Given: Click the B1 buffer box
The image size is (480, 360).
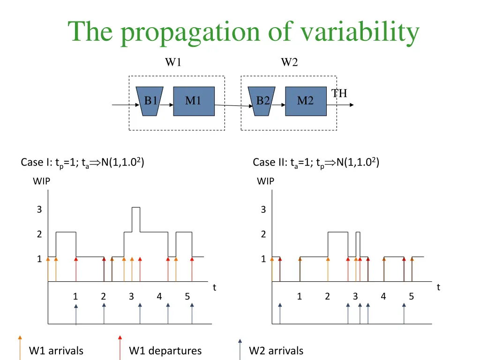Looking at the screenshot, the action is (x=150, y=101).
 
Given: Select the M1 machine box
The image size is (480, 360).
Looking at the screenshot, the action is (x=194, y=101).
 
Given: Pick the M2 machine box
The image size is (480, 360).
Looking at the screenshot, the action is (x=306, y=101).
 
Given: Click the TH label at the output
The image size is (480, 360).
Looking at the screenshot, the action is (x=339, y=93).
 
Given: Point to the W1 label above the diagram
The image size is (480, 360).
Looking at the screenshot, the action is (x=173, y=62).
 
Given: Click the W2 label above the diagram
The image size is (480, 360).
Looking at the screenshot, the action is (x=289, y=62).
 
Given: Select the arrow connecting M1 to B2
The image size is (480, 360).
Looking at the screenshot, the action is (x=232, y=106).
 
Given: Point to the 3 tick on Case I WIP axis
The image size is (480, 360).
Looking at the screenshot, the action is (x=39, y=210).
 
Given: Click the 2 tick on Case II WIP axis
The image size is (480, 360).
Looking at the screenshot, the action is (x=263, y=234).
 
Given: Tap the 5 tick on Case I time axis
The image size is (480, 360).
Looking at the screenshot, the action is (x=187, y=296).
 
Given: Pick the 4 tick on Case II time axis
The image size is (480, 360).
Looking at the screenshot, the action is (x=383, y=296).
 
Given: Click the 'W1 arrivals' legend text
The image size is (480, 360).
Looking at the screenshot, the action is (x=56, y=351).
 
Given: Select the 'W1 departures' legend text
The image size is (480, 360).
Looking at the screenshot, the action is (x=165, y=351).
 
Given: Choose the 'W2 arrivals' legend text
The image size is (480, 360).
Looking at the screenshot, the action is (x=276, y=351).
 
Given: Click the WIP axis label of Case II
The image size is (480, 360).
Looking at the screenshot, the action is (x=266, y=181).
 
